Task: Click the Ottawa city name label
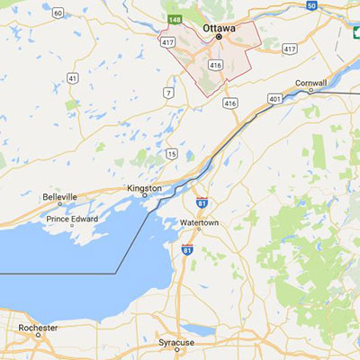tap(220, 28)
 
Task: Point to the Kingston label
tap(144, 188)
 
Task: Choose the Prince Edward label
tap(72, 219)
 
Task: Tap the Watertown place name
tap(201, 222)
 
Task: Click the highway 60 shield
tap(58, 13)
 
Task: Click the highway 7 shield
tap(167, 94)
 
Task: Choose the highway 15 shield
tap(171, 155)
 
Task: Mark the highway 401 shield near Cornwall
tap(274, 98)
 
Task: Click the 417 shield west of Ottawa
tap(167, 42)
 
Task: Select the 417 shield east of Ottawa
tap(289, 48)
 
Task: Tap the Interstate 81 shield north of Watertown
tap(202, 204)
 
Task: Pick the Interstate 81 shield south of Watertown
tap(187, 249)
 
